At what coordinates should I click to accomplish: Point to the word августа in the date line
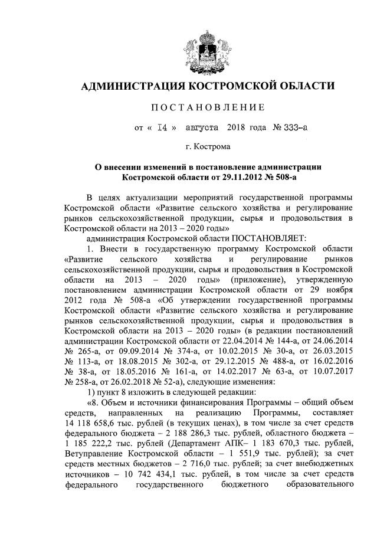202,127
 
